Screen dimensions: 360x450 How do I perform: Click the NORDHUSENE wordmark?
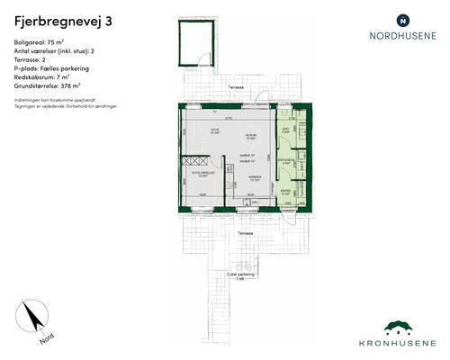pyautogui.click(x=402, y=37)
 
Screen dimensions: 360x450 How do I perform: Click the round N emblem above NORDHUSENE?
pyautogui.click(x=402, y=19)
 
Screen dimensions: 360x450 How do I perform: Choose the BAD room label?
pyautogui.click(x=284, y=130)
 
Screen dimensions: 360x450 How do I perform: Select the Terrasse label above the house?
pyautogui.click(x=236, y=86)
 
